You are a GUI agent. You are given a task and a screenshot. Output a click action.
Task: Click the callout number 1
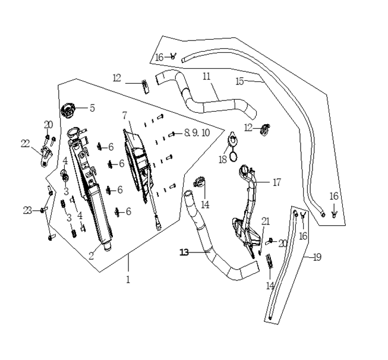click(128, 279)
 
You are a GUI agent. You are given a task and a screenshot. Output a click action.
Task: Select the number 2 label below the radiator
click(92, 256)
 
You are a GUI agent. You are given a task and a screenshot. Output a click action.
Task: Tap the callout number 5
click(92, 108)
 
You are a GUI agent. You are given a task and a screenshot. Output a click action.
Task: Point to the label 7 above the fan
click(125, 115)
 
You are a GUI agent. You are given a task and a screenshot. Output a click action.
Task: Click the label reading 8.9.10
click(197, 133)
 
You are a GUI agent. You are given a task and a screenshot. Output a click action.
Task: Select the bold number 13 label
click(185, 252)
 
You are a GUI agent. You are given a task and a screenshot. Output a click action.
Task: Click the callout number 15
click(240, 81)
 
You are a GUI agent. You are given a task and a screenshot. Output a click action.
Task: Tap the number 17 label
click(276, 183)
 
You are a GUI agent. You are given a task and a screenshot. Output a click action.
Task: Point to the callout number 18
click(222, 159)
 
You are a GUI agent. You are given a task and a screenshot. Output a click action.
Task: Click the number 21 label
click(266, 221)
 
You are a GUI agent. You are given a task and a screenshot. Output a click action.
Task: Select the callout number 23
click(27, 210)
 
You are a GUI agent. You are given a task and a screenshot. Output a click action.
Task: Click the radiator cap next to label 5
click(70, 110)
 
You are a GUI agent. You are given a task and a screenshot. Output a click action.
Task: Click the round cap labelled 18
click(233, 143)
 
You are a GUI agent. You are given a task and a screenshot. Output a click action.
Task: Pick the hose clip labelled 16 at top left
click(173, 56)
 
